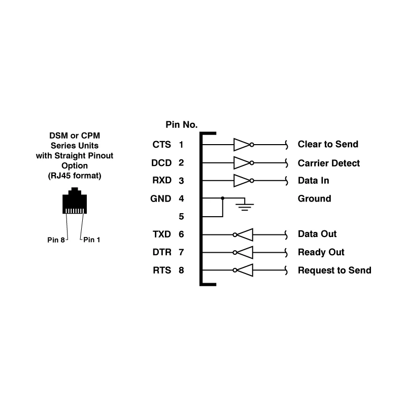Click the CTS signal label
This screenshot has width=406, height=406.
point(161,145)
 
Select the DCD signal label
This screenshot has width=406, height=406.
point(161,163)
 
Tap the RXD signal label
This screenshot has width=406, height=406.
point(161,181)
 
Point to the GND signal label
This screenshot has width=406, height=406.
point(161,198)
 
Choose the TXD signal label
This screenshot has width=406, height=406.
point(161,234)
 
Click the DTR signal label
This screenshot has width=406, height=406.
point(161,252)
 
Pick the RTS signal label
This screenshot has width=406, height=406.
point(161,270)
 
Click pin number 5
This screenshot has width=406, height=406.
point(181,217)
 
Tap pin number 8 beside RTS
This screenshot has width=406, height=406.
point(181,270)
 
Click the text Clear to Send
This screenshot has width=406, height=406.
point(328,145)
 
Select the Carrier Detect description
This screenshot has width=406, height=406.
point(329,163)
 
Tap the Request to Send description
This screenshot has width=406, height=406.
point(334,270)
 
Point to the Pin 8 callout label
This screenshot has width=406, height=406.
point(55,240)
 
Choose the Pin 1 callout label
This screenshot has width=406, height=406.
point(92,240)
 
